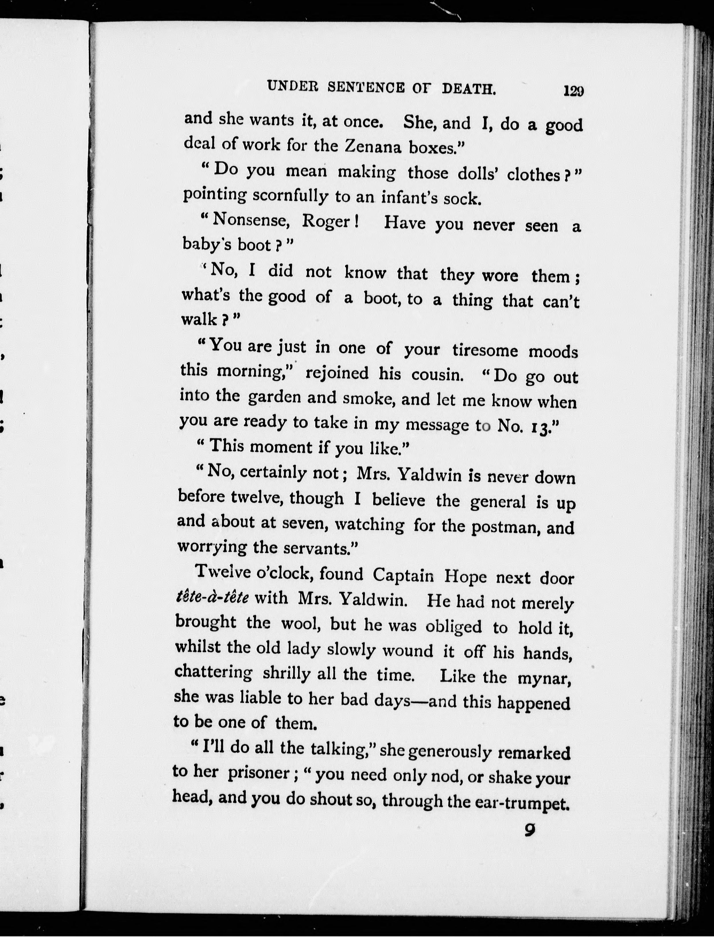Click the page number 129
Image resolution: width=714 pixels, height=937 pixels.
click(x=573, y=91)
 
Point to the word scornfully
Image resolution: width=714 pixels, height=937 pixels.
click(x=290, y=196)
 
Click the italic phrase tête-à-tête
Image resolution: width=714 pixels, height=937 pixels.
click(x=212, y=598)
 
